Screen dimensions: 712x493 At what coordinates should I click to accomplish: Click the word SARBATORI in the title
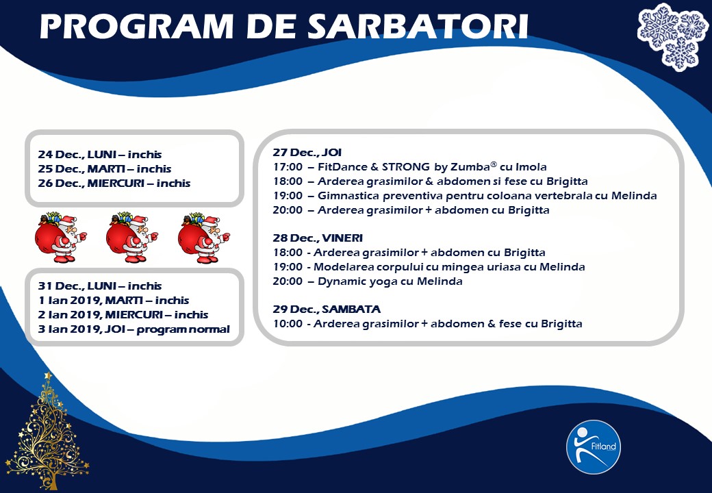[418, 27]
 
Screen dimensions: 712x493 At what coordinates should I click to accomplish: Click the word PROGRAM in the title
[137, 27]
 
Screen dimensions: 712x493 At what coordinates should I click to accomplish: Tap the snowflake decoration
[672, 37]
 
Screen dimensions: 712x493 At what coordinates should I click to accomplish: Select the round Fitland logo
[594, 446]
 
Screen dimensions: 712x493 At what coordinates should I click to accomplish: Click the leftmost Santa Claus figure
[61, 237]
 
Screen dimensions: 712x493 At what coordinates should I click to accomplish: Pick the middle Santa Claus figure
[132, 237]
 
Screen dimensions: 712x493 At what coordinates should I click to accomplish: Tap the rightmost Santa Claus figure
[204, 237]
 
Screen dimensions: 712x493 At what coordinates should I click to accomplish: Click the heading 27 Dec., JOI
[307, 153]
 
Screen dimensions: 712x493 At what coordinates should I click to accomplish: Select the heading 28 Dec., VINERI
[318, 238]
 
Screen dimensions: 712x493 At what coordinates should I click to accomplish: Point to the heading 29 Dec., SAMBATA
[327, 309]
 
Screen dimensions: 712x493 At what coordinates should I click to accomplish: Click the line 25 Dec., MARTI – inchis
[105, 169]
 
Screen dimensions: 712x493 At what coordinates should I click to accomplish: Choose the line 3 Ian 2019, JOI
[133, 329]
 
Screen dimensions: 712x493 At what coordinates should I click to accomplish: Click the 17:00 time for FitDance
[288, 167]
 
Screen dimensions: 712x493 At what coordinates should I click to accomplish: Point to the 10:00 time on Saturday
[288, 324]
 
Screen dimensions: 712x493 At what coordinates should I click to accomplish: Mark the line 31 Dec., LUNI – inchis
[100, 286]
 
